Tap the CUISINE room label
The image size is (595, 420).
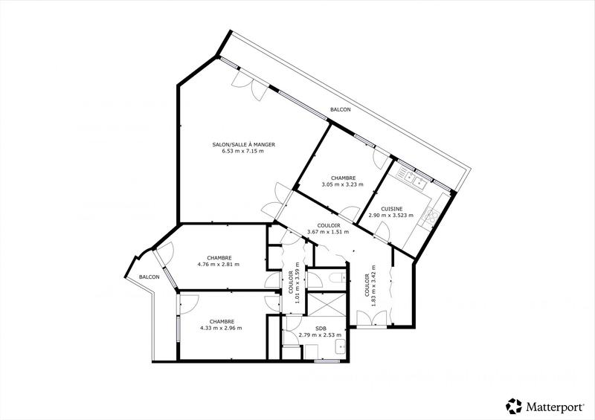pyautogui.click(x=392, y=209)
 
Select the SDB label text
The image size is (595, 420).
pyautogui.click(x=321, y=328)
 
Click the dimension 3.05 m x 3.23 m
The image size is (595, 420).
pyautogui.click(x=342, y=184)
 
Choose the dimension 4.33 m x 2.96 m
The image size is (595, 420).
pyautogui.click(x=221, y=328)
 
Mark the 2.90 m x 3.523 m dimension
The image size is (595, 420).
pyautogui.click(x=392, y=216)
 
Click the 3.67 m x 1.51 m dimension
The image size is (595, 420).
pyautogui.click(x=328, y=232)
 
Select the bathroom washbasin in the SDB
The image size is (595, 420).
pyautogui.click(x=340, y=346)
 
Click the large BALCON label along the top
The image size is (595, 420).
pyautogui.click(x=341, y=110)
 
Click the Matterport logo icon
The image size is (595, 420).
pyautogui.click(x=514, y=406)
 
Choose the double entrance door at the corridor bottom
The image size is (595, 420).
pyautogui.click(x=371, y=320)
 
